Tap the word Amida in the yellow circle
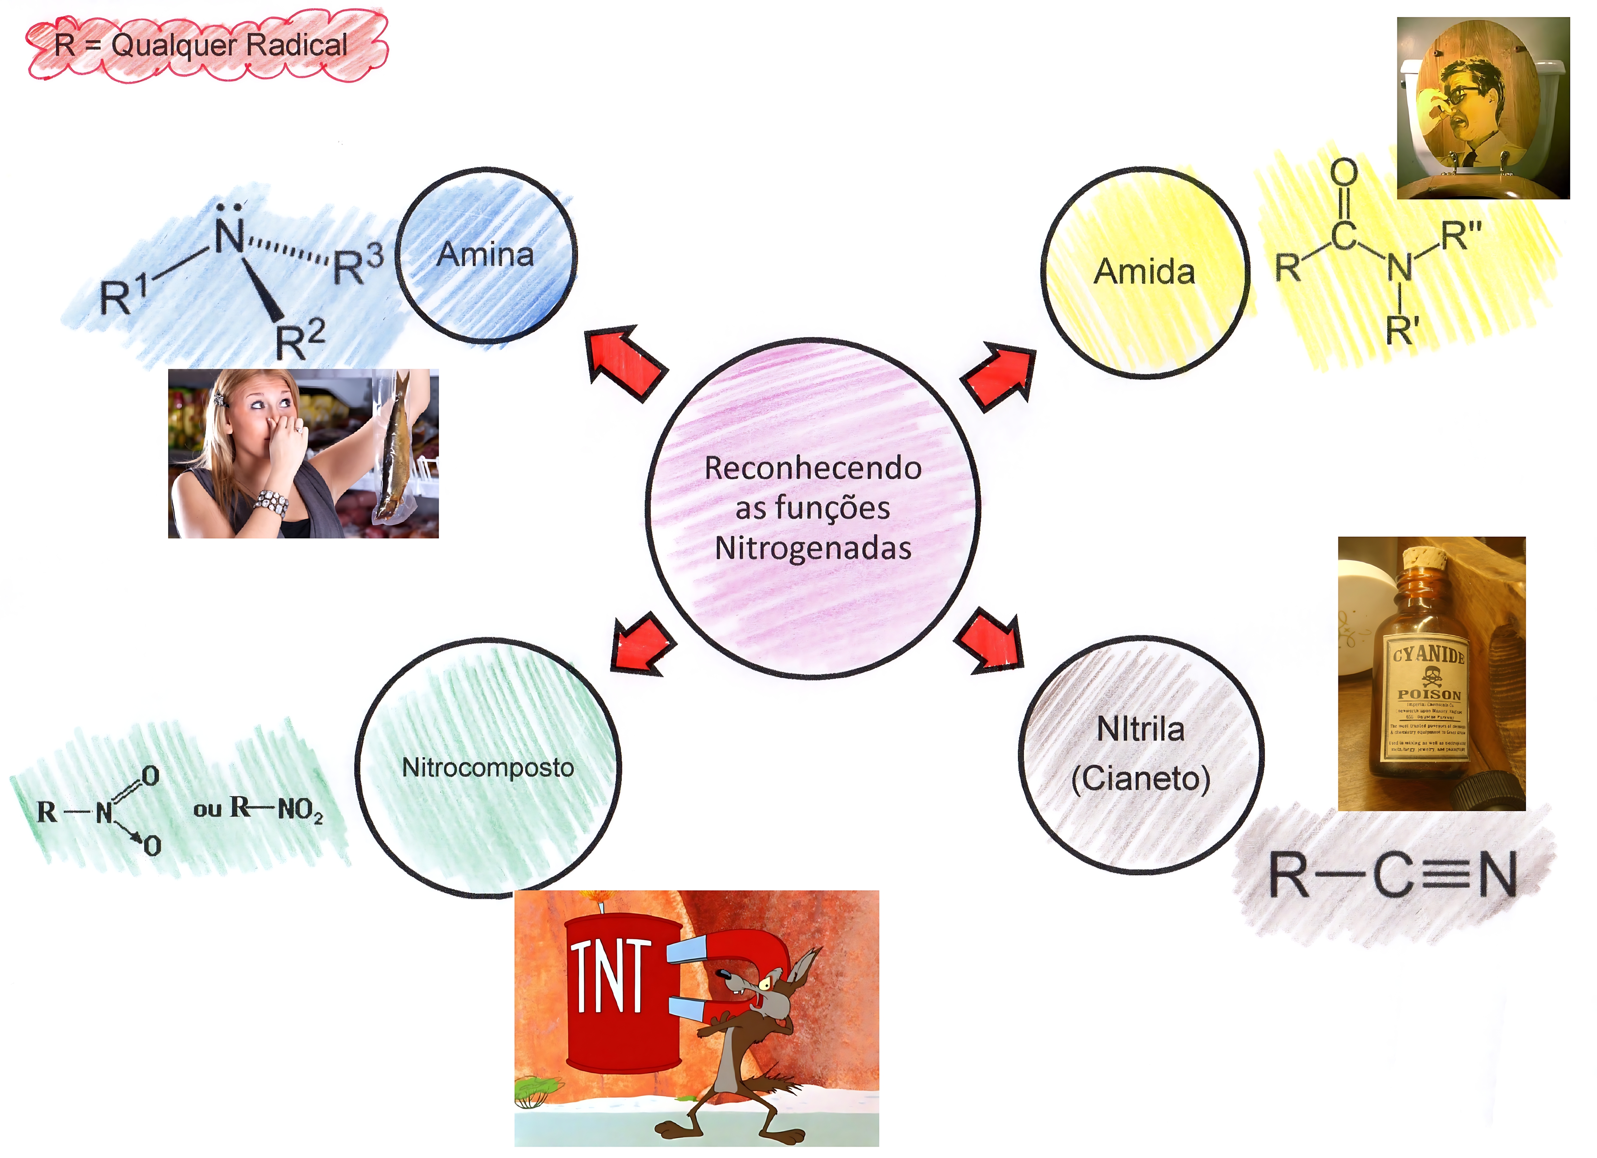(x=1144, y=272)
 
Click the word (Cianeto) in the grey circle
(x=1141, y=778)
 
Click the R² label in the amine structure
(x=299, y=340)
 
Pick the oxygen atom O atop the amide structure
(x=1343, y=173)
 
